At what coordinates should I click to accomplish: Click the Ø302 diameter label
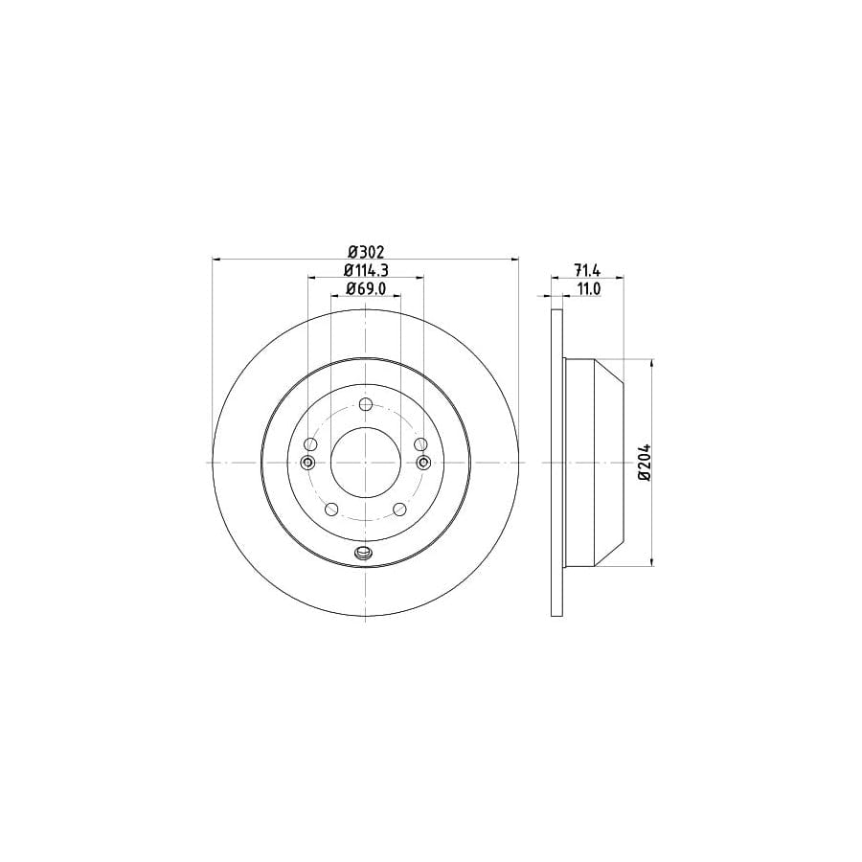366,252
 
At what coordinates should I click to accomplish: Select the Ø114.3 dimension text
366,270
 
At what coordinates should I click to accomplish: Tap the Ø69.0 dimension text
366,288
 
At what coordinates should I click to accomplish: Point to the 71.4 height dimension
587,270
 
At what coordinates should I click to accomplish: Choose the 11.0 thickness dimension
588,288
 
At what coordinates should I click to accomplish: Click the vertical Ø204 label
645,463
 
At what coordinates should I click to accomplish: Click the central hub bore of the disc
366,463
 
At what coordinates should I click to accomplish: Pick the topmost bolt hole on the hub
366,404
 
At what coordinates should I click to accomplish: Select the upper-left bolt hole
310,444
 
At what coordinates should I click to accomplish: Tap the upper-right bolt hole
420,444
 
